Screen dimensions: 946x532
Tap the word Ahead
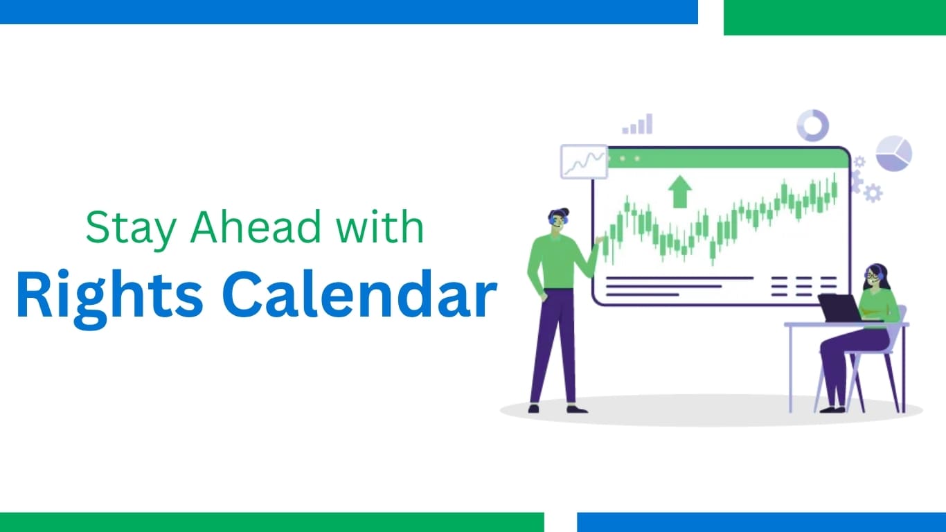pyautogui.click(x=256, y=227)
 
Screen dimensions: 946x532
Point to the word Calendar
pyautogui.click(x=359, y=294)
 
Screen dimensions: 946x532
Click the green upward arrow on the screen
pyautogui.click(x=680, y=192)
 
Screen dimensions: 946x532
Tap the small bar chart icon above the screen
pyautogui.click(x=637, y=124)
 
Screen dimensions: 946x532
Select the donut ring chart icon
pyautogui.click(x=812, y=125)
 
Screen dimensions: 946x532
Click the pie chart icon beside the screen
pyautogui.click(x=893, y=153)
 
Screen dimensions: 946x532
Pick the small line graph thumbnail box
pyautogui.click(x=584, y=162)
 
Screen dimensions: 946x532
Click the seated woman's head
pyautogui.click(x=875, y=277)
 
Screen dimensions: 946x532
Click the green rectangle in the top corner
pyautogui.click(x=835, y=17)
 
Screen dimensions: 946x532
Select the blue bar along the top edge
pyautogui.click(x=349, y=12)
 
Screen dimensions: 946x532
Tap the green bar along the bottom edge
pyautogui.click(x=272, y=522)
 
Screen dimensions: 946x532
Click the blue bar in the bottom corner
pyautogui.click(x=762, y=522)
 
